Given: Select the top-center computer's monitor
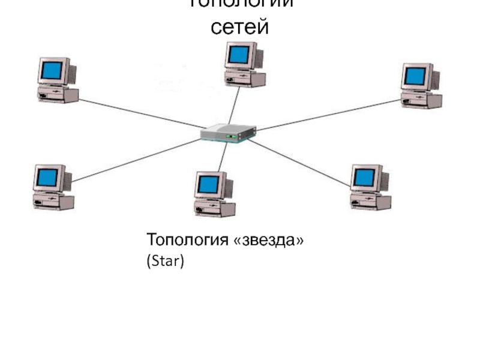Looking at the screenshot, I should pos(239,55).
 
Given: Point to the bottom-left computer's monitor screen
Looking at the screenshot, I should pos(48,177).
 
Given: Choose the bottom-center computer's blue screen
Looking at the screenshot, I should pos(208,184).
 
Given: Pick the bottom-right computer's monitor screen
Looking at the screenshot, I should pos(364,177).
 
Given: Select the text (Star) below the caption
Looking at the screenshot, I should pos(164,262).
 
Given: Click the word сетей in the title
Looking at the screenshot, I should pos(240,28).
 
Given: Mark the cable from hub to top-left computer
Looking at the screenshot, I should pos(138,113).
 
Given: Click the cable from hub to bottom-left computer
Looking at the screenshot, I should pos(135,160).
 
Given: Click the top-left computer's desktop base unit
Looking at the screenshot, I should pos(58,94).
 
